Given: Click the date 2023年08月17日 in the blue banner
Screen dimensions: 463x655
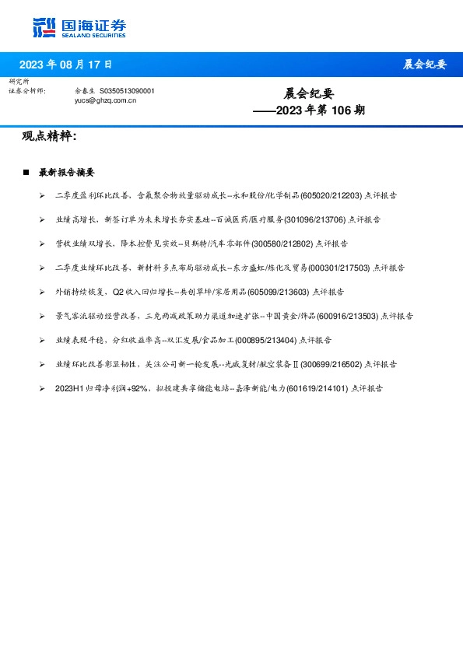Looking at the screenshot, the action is click(x=65, y=64).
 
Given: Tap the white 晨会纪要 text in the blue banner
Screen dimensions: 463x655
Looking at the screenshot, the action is click(x=424, y=65).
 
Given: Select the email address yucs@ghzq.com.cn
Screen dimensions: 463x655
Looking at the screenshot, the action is click(x=105, y=100).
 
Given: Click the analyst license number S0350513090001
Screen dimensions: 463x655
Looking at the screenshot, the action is click(x=128, y=91).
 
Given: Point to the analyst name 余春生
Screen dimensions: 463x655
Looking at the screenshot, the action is click(x=85, y=91).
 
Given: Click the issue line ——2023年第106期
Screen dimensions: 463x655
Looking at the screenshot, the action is click(x=309, y=110).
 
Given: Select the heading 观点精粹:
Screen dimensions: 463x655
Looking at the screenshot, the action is click(x=50, y=137).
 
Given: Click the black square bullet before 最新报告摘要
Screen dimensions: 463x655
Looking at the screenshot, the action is click(x=26, y=172).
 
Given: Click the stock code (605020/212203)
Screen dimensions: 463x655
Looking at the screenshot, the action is click(x=331, y=196).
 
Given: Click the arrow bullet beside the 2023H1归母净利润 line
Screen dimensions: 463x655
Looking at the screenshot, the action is click(x=41, y=387).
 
